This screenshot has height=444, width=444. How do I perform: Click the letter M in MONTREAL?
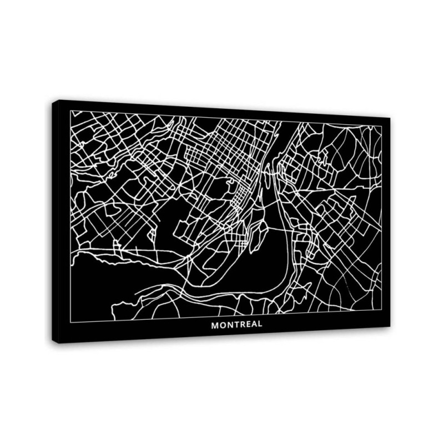tap(214, 325)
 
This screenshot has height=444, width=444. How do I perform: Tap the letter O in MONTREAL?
tap(221, 325)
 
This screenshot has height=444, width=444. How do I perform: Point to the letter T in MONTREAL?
tap(235, 325)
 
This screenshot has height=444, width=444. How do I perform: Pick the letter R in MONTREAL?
tap(241, 325)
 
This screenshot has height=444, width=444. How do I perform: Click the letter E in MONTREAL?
tap(247, 325)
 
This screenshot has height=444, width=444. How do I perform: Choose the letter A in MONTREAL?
tap(253, 325)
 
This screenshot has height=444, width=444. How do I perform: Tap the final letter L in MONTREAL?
tap(259, 324)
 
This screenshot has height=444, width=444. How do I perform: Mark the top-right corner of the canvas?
tap(390, 118)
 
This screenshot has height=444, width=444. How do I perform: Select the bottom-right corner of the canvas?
tap(390, 326)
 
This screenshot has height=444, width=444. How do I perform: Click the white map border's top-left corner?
tap(71, 111)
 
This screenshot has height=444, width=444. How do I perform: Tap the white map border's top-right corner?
tap(382, 126)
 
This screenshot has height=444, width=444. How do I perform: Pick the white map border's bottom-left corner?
tap(71, 322)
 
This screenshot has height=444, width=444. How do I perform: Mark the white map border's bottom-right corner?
tap(382, 310)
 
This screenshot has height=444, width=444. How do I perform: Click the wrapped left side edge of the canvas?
tap(56, 222)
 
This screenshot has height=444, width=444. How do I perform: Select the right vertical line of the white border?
tap(382, 222)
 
